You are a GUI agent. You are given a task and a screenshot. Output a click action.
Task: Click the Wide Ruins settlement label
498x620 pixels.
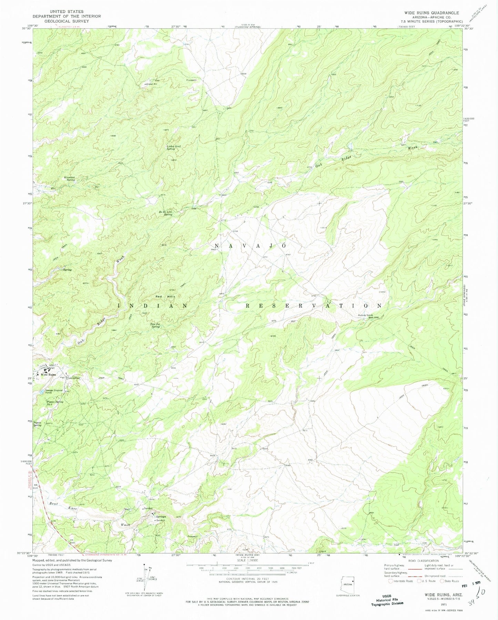[x=48, y=375]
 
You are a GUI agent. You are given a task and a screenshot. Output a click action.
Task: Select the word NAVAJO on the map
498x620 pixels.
[x=248, y=245]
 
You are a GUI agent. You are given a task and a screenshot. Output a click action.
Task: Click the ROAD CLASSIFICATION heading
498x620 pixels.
[x=422, y=561]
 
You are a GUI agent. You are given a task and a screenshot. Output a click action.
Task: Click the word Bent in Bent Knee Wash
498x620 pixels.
[x=53, y=503]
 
